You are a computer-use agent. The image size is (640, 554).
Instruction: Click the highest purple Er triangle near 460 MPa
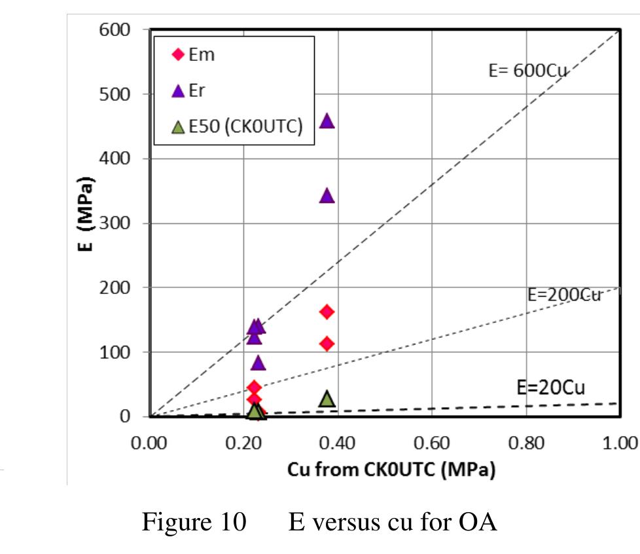point(327,121)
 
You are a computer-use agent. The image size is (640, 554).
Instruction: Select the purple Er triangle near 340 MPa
point(327,196)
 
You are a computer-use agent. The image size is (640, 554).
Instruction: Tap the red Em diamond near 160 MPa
point(327,311)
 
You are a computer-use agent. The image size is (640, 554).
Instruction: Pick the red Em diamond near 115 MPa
point(327,343)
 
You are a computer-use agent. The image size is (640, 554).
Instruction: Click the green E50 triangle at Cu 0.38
point(327,399)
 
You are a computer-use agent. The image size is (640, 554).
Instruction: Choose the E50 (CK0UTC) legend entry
point(236,127)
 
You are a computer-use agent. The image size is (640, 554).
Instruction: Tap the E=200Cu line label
point(564,295)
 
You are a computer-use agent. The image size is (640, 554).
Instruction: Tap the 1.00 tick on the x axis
point(618,443)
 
